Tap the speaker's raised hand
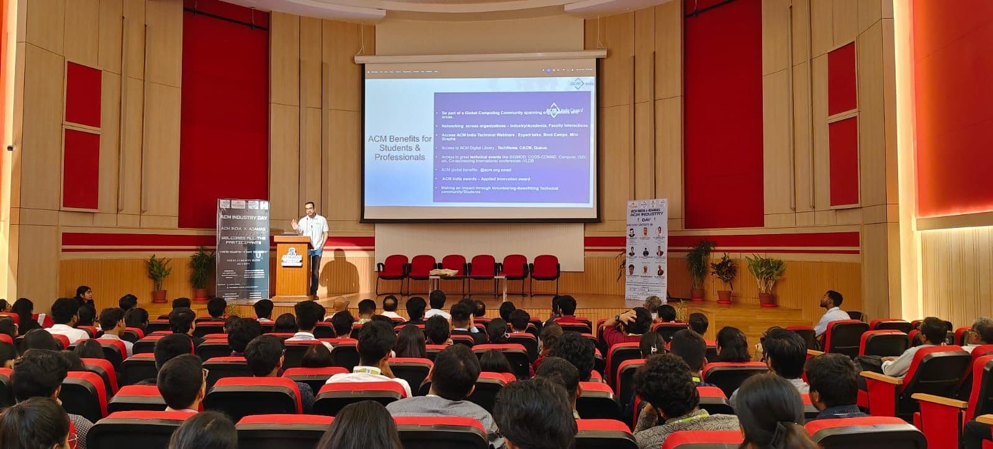294,222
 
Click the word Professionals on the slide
400,157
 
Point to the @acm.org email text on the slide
491,170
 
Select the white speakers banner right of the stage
646,252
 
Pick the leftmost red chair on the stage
392,274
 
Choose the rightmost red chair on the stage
545,274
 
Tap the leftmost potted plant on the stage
160,276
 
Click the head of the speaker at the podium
310,207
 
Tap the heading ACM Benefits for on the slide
400,138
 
